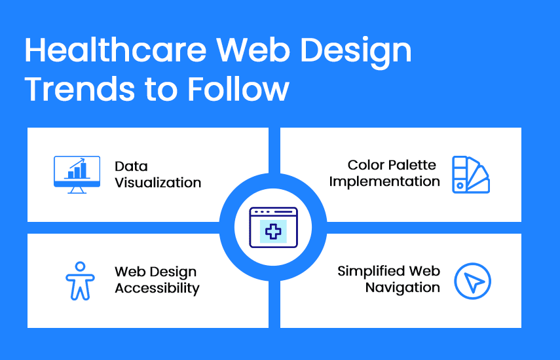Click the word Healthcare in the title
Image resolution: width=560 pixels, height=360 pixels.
[x=116, y=50]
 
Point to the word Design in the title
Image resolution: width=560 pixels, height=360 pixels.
[x=356, y=52]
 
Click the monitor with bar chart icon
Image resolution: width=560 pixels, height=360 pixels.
[x=77, y=175]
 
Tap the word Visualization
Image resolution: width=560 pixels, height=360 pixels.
[x=158, y=183]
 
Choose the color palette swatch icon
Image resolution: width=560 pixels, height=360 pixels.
[x=471, y=175]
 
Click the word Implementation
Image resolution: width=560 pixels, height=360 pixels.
[x=384, y=181]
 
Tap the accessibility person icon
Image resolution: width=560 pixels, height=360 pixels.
[x=80, y=281]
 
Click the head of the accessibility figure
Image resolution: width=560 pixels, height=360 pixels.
[x=81, y=266]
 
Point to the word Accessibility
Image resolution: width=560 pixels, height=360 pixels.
[x=157, y=288]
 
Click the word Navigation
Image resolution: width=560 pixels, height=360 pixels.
[x=403, y=287]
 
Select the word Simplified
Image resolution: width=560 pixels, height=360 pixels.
[x=371, y=272]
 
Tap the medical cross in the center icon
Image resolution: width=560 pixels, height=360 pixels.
[x=273, y=232]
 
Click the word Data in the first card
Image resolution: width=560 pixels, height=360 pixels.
[x=131, y=166]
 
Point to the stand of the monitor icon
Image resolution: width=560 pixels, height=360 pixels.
[x=77, y=190]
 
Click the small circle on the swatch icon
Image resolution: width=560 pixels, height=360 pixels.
[x=460, y=185]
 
